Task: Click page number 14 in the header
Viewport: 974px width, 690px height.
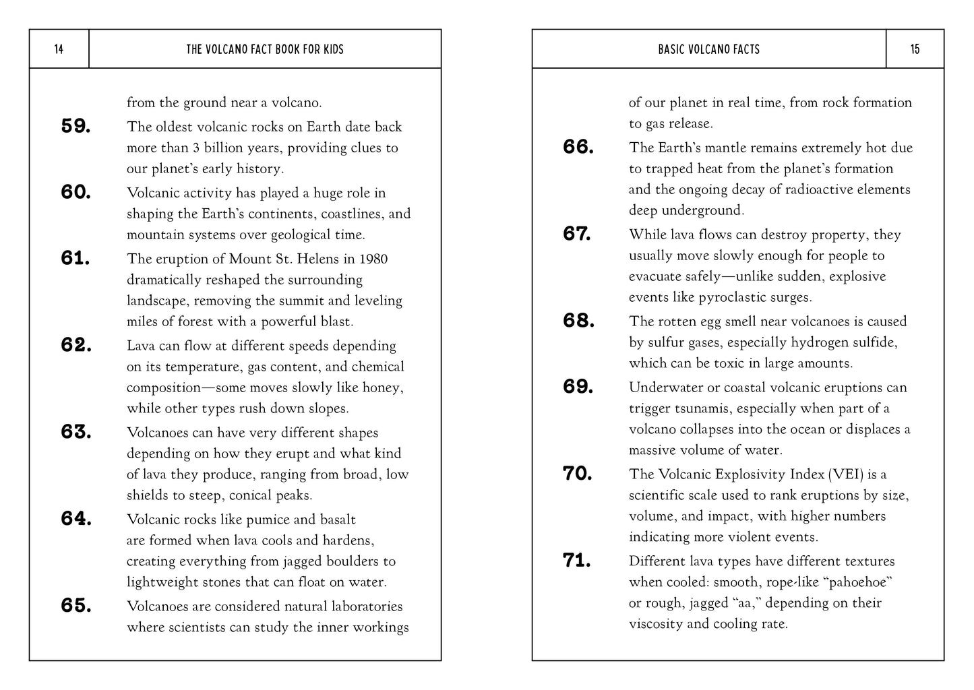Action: (59, 49)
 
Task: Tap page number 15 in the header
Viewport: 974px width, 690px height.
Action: (915, 49)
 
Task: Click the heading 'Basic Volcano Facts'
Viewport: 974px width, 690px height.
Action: (708, 49)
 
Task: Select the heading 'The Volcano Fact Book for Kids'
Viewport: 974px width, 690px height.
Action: (265, 49)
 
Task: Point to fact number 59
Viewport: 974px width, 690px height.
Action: (76, 126)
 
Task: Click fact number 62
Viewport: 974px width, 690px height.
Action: (76, 345)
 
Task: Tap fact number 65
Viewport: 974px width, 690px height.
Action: (76, 606)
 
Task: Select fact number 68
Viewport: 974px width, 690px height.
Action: (578, 321)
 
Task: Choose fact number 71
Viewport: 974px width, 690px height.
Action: (577, 561)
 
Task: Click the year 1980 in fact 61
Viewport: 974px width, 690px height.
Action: (373, 259)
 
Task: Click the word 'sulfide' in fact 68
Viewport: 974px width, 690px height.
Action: (874, 342)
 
